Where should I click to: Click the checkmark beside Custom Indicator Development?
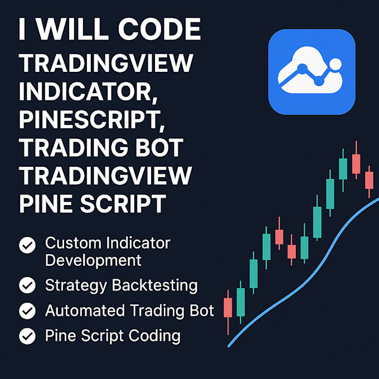tap(27, 245)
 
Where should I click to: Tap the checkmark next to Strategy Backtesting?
tap(27, 285)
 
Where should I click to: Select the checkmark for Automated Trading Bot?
tap(27, 310)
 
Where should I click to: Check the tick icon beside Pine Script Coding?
tap(27, 336)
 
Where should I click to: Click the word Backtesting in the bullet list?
tap(154, 286)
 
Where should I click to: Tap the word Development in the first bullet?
tap(93, 260)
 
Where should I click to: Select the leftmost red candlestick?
tap(227, 307)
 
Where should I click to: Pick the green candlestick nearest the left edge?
tap(241, 302)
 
